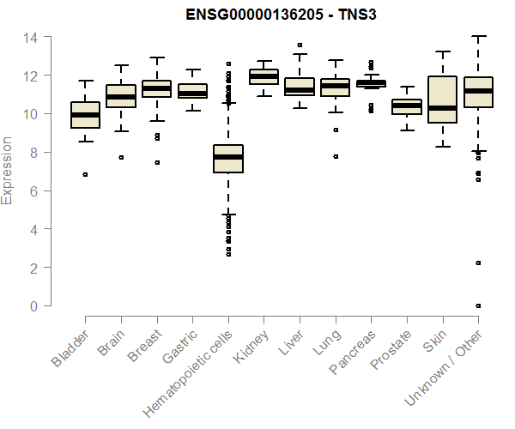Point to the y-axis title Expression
point(8,171)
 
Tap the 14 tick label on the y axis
point(31,38)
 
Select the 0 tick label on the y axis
point(34,306)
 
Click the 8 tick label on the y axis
point(34,153)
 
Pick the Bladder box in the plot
point(85,115)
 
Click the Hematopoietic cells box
point(228,159)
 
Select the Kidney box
point(264,77)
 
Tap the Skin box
point(443,100)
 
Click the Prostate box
point(407,106)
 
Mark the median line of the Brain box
point(121,97)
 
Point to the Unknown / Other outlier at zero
point(478,305)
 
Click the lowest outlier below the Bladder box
point(85,174)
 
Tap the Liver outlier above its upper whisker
point(300,45)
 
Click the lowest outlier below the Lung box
point(336,156)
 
